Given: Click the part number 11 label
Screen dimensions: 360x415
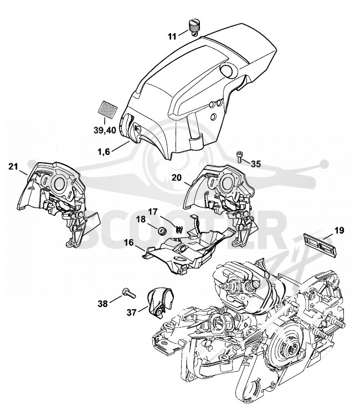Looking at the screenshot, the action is (172, 37).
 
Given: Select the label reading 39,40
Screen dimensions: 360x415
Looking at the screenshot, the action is (105, 130).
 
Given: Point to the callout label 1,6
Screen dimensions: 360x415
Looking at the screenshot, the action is (104, 152).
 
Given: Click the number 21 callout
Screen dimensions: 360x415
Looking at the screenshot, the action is (13, 167).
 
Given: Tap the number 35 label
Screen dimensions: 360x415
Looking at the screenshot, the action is (256, 164).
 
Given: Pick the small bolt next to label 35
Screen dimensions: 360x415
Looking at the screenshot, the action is (240, 157).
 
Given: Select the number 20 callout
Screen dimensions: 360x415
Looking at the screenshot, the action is (177, 178).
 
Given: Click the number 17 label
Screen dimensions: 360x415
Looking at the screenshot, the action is (152, 212).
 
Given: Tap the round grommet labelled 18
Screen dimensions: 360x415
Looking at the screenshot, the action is (161, 231).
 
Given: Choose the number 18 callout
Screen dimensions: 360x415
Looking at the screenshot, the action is (141, 219).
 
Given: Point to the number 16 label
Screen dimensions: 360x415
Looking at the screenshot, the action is (129, 242).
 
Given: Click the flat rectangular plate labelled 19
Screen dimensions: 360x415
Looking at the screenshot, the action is (321, 244).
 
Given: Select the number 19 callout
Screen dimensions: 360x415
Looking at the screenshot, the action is (340, 230).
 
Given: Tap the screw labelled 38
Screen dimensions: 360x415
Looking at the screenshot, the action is (128, 293).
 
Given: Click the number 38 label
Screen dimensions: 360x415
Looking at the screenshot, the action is (103, 304).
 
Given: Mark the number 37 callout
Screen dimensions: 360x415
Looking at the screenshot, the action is (132, 313).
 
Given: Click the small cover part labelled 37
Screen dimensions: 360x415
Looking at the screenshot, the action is (160, 303).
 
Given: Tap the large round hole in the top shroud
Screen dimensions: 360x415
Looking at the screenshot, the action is (226, 70).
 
